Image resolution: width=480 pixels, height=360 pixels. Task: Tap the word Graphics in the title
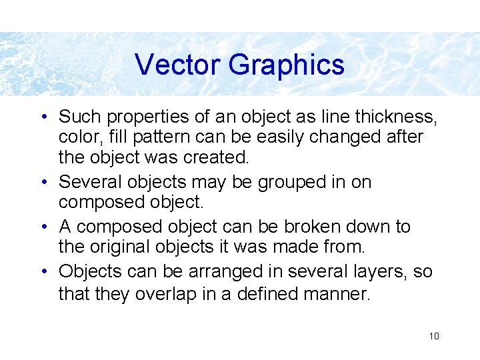(x=286, y=65)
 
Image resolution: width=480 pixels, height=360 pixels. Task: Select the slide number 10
(x=434, y=336)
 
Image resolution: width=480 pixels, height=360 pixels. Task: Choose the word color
(x=77, y=137)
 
